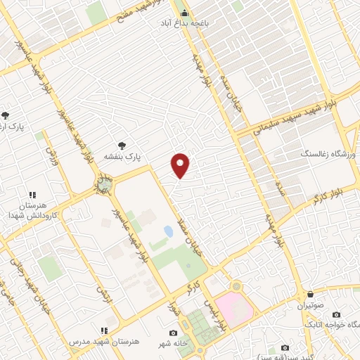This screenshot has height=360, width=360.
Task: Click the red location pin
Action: pyautogui.click(x=181, y=165)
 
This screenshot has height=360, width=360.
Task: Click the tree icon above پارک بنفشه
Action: pyautogui.click(x=122, y=145)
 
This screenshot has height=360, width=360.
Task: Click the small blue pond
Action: pyautogui.click(x=168, y=231)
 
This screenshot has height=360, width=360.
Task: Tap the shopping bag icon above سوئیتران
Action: pyautogui.click(x=310, y=294)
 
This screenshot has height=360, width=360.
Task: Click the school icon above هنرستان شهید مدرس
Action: pyautogui.click(x=104, y=330)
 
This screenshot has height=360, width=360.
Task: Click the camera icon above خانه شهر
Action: pyautogui.click(x=174, y=332)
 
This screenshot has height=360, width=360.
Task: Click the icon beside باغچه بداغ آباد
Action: pyautogui.click(x=185, y=13)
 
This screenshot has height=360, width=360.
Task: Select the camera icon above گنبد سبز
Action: pyautogui.click(x=284, y=347)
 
